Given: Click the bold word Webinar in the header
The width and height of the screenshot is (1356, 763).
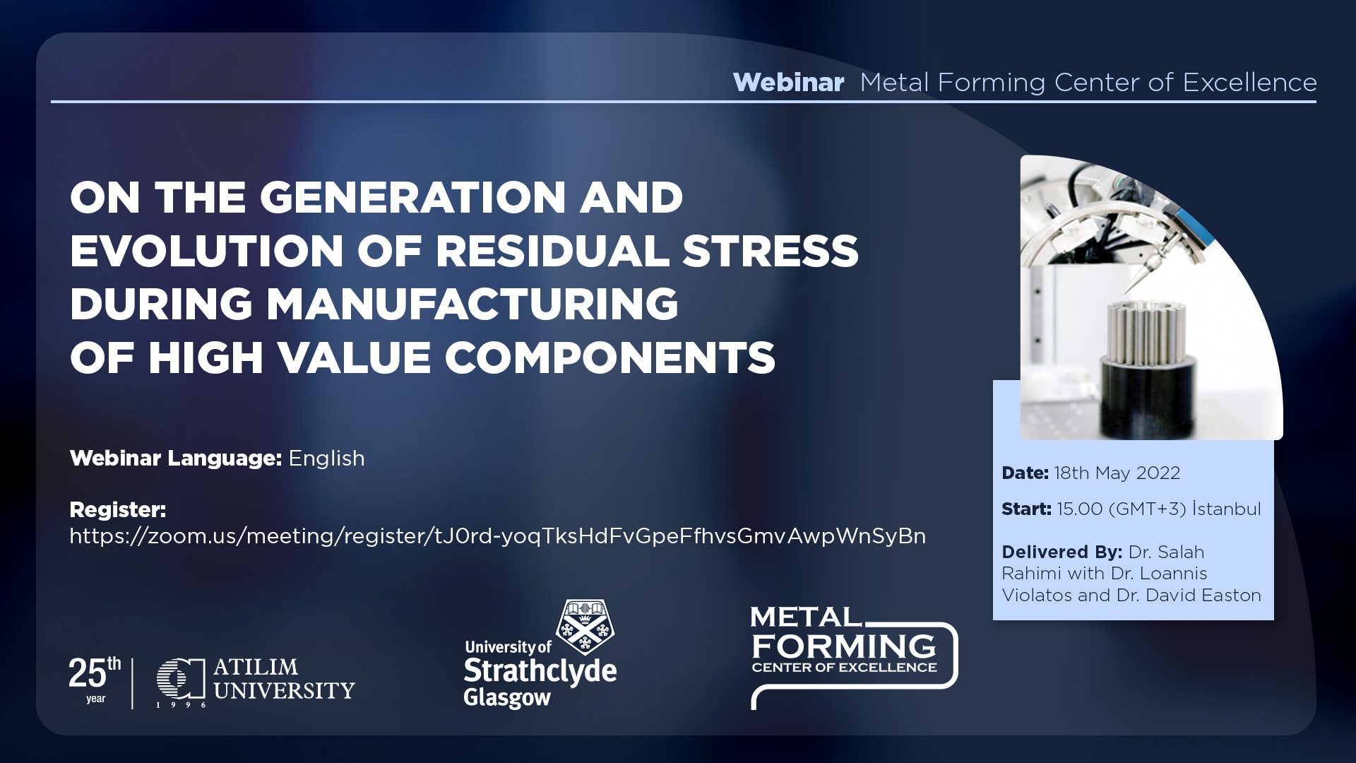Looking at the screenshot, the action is [x=788, y=83].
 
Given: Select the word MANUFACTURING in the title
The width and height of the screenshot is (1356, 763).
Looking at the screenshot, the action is [x=472, y=304].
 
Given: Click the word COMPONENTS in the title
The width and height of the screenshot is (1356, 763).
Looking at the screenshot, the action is [x=609, y=357].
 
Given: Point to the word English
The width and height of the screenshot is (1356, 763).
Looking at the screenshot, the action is [x=326, y=459].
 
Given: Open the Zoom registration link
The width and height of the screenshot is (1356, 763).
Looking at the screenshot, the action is [x=497, y=536].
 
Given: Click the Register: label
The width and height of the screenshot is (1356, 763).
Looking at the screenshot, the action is [x=117, y=509].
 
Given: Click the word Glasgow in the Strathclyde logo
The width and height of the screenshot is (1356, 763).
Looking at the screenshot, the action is [x=506, y=698].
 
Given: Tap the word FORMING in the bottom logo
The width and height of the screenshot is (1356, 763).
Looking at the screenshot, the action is [x=844, y=646].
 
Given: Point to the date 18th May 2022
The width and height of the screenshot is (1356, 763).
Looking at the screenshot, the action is [x=1117, y=473].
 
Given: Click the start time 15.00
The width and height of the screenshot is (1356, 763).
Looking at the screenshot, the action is [x=1080, y=509].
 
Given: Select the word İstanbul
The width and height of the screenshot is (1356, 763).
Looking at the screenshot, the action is [x=1227, y=509].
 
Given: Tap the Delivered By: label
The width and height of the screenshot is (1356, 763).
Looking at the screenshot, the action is [x=1061, y=552].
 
